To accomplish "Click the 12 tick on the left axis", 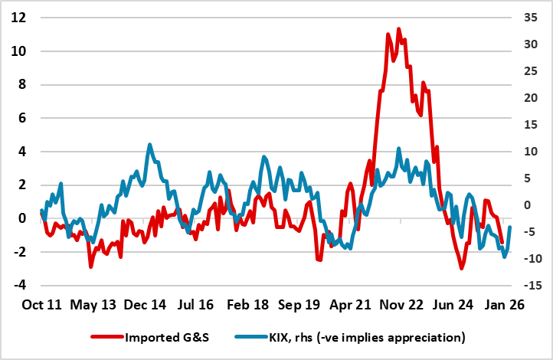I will [x=19, y=18].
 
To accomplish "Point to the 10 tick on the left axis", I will [x=19, y=51].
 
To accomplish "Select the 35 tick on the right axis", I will [x=531, y=18].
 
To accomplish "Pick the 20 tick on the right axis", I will [x=531, y=98].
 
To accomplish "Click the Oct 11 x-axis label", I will [x=41, y=305].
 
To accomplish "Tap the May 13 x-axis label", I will [x=95, y=305].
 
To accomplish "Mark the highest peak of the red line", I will [x=398, y=29].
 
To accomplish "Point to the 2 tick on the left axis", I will [x=21, y=185].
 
